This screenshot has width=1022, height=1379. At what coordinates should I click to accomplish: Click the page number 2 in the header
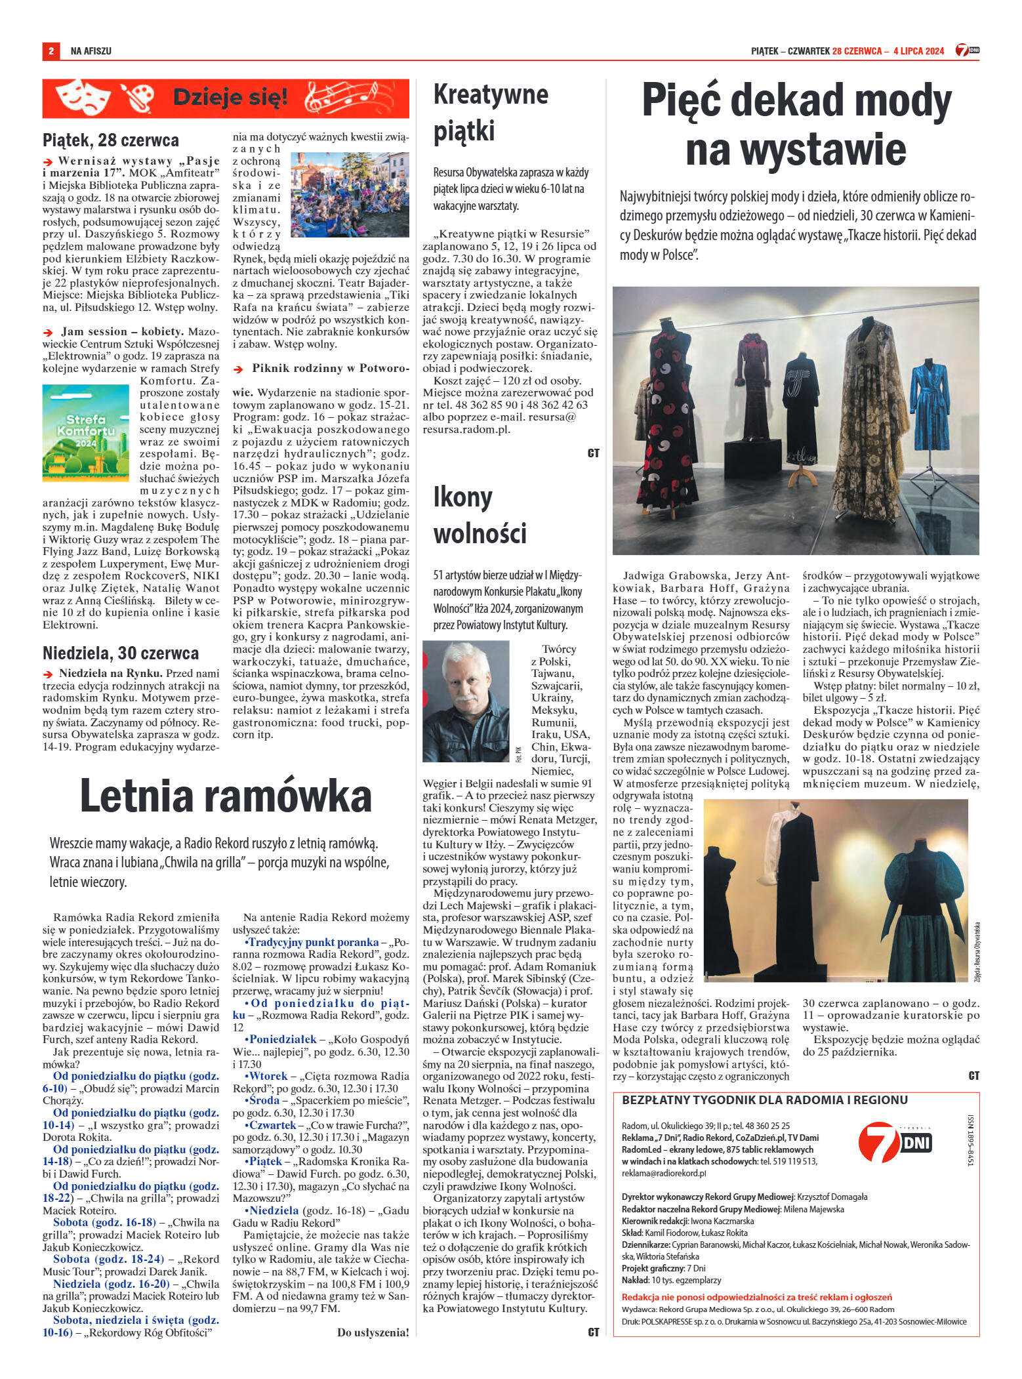pyautogui.click(x=51, y=51)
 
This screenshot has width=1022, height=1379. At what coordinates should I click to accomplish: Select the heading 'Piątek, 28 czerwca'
pyautogui.click(x=111, y=140)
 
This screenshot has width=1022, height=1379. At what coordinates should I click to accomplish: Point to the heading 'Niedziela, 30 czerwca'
pyautogui.click(x=121, y=653)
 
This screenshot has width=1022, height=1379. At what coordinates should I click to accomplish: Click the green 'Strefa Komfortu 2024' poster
pyautogui.click(x=86, y=433)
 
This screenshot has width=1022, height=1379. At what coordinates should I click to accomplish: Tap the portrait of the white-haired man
pyautogui.click(x=466, y=702)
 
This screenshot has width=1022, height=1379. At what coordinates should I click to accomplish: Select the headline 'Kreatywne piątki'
pyautogui.click(x=491, y=113)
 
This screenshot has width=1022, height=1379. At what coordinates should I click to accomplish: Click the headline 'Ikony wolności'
pyautogui.click(x=480, y=516)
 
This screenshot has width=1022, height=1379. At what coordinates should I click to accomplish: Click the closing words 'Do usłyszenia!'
pyautogui.click(x=373, y=1332)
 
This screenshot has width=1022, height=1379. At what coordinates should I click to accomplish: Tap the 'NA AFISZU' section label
pyautogui.click(x=91, y=51)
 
